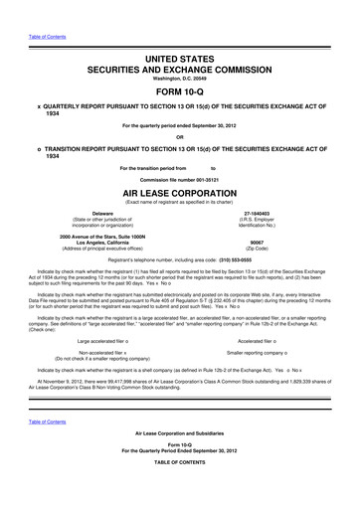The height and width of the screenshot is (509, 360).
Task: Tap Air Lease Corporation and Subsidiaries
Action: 180,463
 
